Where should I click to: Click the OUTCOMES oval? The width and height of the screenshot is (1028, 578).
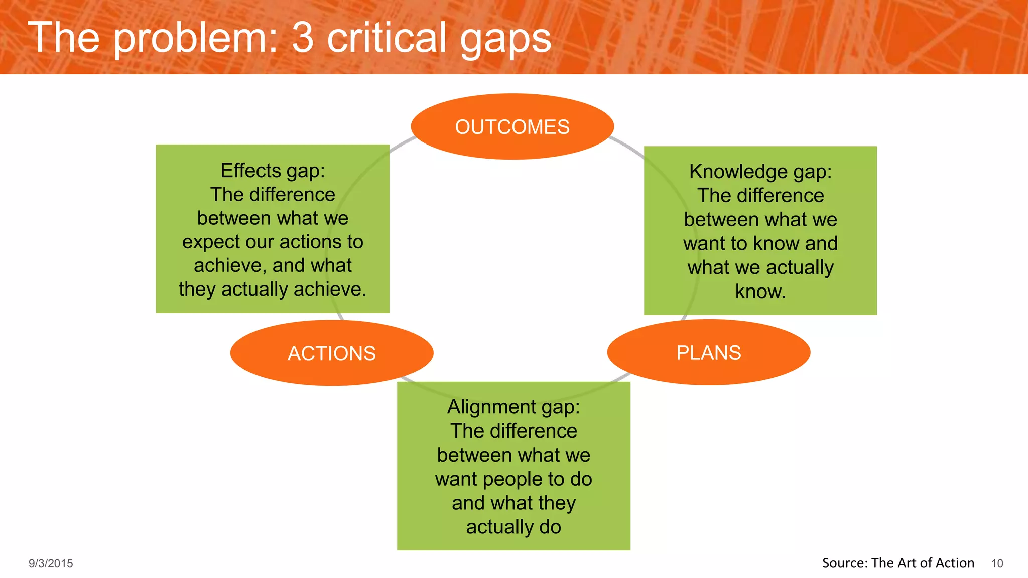click(512, 126)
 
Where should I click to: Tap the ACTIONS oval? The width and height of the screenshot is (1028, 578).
click(331, 353)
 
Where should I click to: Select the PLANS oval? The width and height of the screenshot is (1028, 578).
click(708, 353)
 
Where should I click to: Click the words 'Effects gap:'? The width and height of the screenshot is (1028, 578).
click(273, 171)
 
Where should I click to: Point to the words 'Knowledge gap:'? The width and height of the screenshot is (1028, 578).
click(760, 172)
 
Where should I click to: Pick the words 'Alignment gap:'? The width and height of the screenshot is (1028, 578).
click(513, 407)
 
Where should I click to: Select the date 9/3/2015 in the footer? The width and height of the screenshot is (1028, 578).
click(51, 563)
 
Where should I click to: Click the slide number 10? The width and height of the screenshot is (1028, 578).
click(997, 563)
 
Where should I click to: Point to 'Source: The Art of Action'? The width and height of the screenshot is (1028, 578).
click(898, 563)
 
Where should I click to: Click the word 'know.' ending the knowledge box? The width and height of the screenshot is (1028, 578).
click(760, 292)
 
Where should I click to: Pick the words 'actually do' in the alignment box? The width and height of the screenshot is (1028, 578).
click(513, 527)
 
